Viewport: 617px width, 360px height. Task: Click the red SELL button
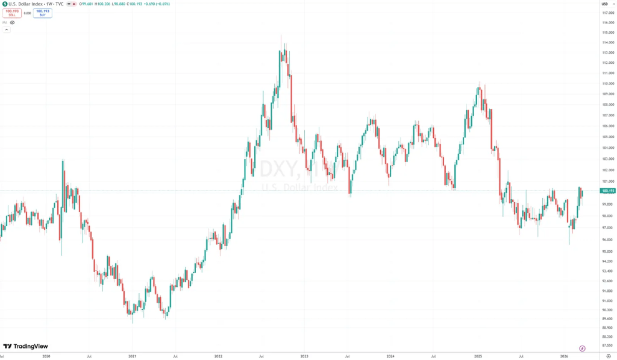click(x=12, y=13)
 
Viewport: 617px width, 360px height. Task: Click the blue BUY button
click(x=42, y=13)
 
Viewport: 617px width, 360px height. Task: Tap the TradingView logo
click(x=25, y=346)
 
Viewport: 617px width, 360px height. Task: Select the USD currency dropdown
click(x=605, y=4)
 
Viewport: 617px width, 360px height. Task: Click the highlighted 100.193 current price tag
click(x=607, y=191)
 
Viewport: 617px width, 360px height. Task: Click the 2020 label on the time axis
click(x=46, y=356)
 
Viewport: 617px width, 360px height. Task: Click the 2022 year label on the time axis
click(x=218, y=356)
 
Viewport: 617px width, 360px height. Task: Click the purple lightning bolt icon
click(x=582, y=348)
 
